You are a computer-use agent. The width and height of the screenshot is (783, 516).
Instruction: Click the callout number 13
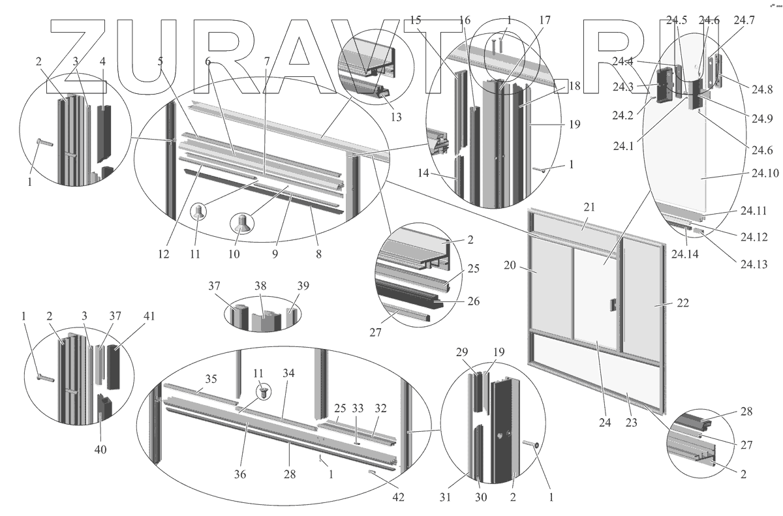(396, 117)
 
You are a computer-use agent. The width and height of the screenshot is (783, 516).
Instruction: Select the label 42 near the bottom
(398, 497)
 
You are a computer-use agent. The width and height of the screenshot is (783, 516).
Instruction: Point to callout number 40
(100, 449)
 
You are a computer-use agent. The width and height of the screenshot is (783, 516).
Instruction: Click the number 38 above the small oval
(261, 285)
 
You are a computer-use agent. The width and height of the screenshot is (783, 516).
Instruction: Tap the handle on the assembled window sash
(613, 304)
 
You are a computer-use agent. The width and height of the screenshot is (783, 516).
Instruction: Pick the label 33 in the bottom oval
(358, 409)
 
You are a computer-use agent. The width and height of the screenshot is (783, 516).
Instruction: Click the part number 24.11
(754, 211)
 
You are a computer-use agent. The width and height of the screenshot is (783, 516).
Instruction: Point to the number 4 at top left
(102, 61)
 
